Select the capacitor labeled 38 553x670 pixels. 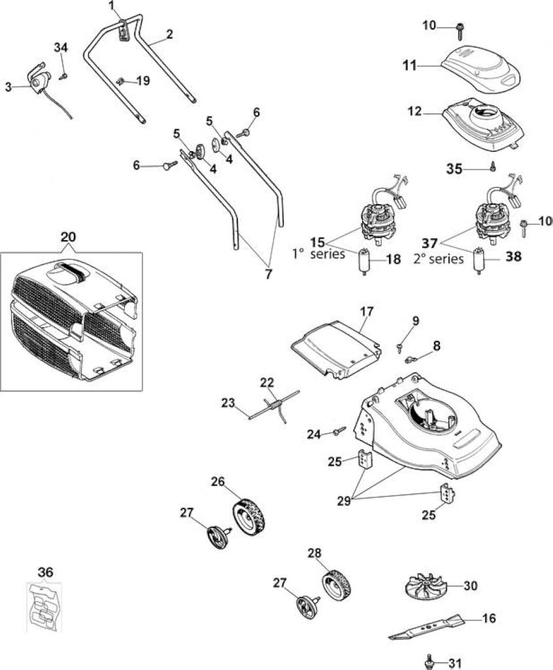tap(478, 260)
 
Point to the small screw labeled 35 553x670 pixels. tap(492, 168)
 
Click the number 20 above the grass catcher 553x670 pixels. tap(69, 237)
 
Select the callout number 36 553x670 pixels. tap(45, 572)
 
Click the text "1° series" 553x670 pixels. tap(318, 254)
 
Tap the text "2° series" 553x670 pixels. tap(439, 259)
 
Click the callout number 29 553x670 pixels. tap(344, 501)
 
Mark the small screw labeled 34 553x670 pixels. tap(63, 77)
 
